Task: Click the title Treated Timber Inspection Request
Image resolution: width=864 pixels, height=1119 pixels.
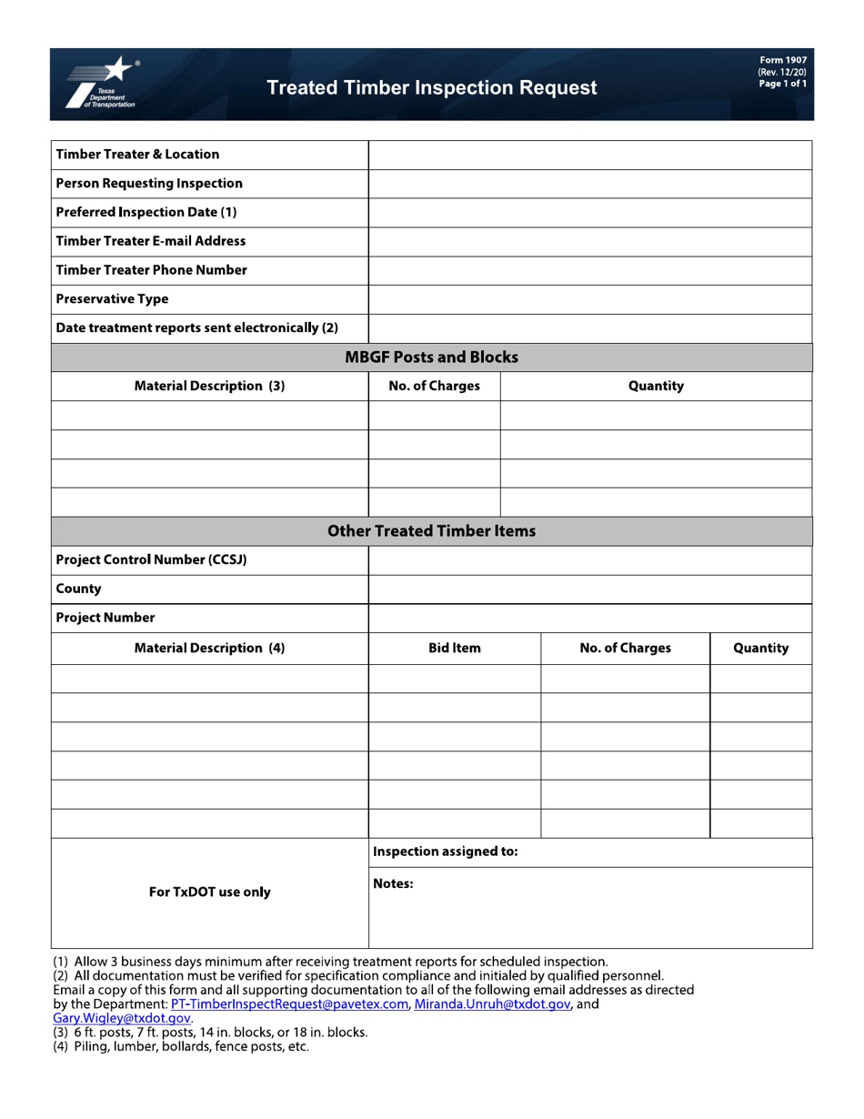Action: pos(432,88)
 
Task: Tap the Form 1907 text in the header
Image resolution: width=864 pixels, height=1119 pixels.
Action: pos(783,60)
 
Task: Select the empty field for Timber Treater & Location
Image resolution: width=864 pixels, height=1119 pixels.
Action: pos(589,155)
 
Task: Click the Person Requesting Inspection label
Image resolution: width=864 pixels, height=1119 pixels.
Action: pos(149,184)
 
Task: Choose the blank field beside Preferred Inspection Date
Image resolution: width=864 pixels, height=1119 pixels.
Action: pos(589,213)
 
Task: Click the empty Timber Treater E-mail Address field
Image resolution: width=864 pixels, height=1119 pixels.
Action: pos(589,242)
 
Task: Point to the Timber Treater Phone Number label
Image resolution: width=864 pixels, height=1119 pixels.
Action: pos(151,270)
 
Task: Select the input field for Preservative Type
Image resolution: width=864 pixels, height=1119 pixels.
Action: pos(589,299)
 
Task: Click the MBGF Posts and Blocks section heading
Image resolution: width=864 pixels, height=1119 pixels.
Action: pos(431,358)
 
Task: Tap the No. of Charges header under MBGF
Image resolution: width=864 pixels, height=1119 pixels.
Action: pos(434,387)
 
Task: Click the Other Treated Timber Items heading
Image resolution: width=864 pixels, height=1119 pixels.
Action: pos(431,531)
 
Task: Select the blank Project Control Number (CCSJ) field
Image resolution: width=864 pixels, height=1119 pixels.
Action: pos(589,560)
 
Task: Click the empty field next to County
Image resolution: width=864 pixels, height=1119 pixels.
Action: pos(589,590)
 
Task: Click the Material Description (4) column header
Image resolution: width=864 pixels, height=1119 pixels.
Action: pos(209,649)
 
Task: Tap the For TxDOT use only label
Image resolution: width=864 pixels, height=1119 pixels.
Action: pos(209,892)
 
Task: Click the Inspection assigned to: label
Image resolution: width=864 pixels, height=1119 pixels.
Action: pos(446,852)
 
